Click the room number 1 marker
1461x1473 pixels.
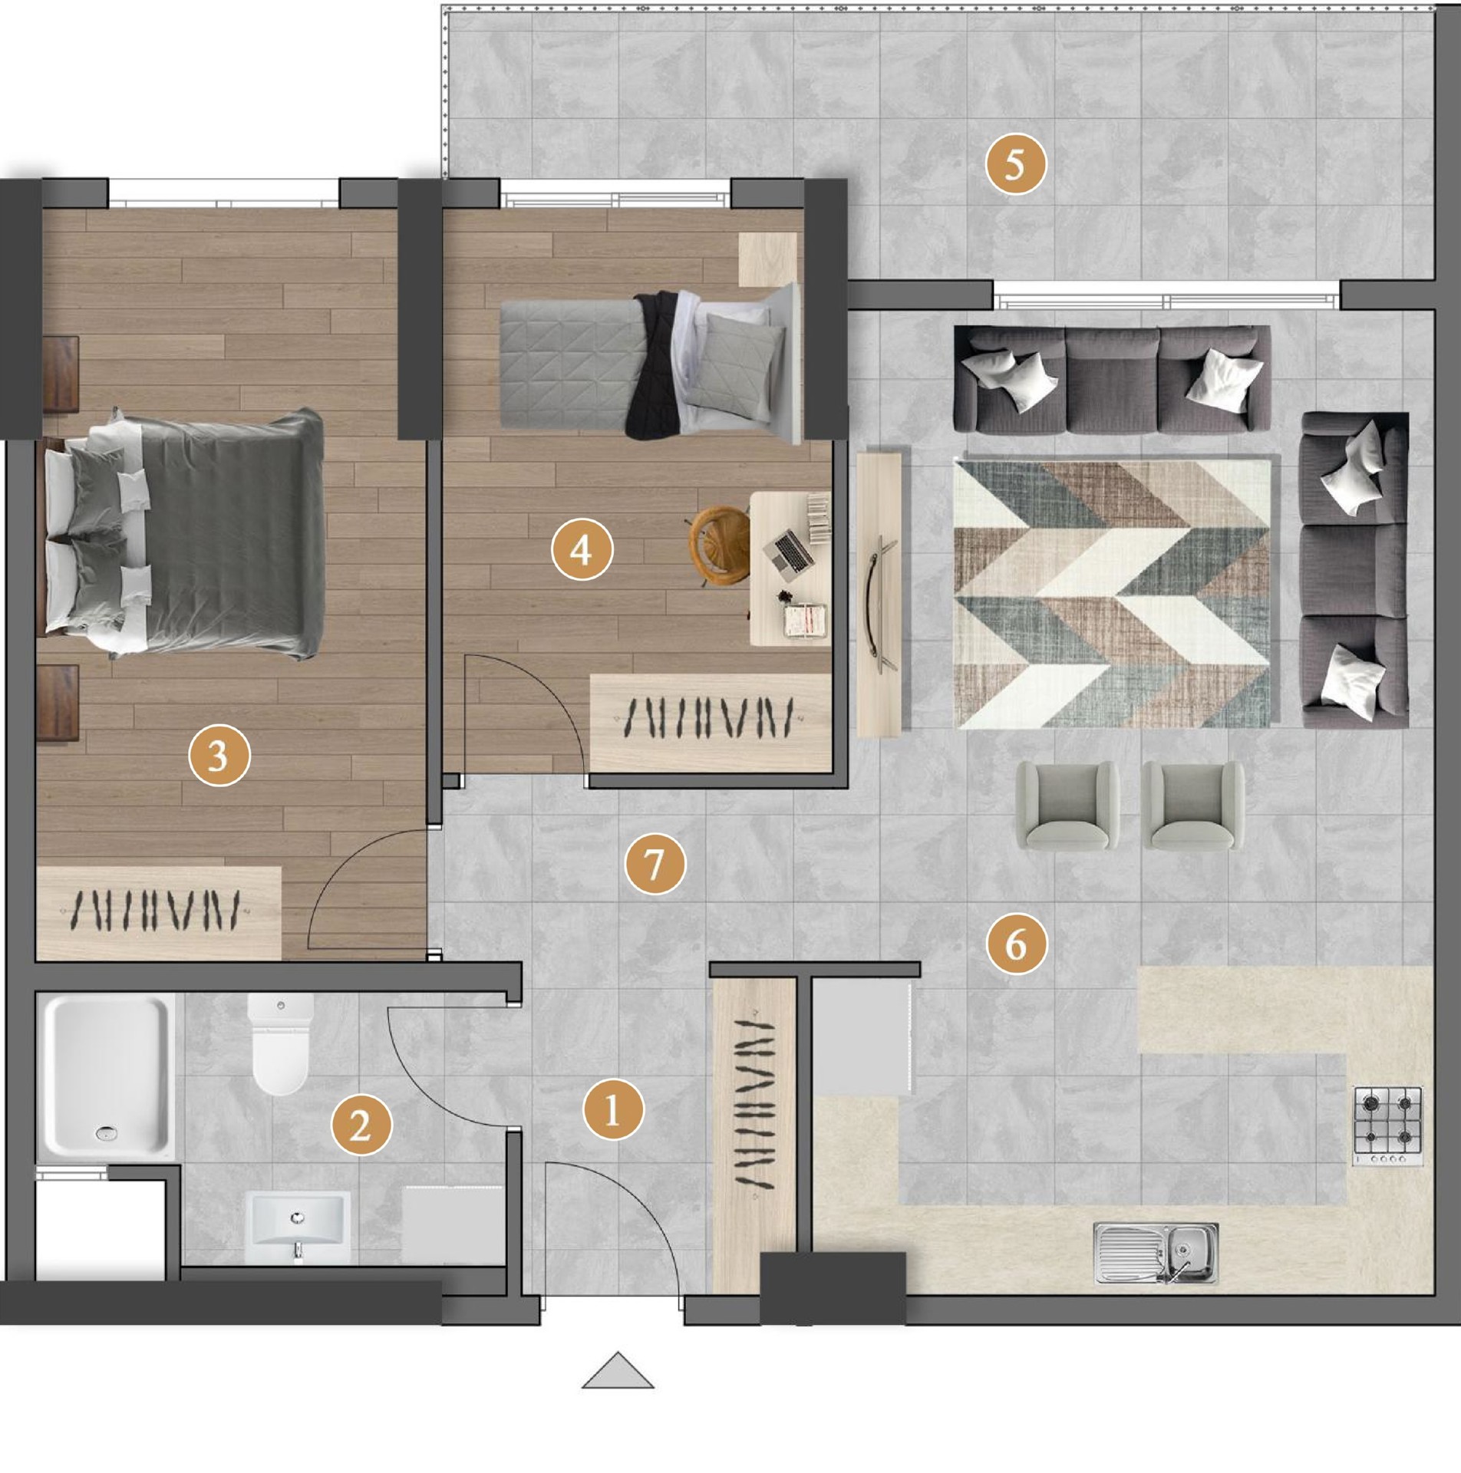coord(613,1109)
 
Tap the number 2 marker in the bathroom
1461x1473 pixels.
coord(361,1125)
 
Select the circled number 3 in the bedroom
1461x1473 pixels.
coord(219,756)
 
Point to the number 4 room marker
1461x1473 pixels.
coord(582,549)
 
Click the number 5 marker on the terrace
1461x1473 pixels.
coord(1015,163)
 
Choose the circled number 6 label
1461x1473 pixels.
coord(1017,943)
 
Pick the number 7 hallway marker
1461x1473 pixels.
coord(655,864)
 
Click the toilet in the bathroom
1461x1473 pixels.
coord(281,1044)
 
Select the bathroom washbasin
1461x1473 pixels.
coord(298,1228)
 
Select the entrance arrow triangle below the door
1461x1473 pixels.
coord(618,1370)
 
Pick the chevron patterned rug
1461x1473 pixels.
coord(1113,592)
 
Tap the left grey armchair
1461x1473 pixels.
coord(1067,806)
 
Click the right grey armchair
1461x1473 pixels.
coord(1193,806)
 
